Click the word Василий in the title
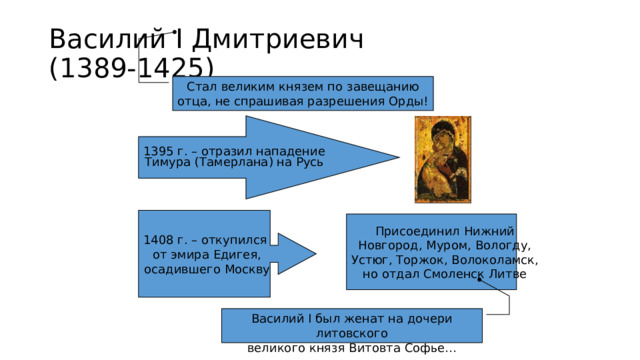click(95, 40)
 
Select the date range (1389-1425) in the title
click(130, 68)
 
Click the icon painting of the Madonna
click(443, 158)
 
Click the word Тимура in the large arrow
click(167, 162)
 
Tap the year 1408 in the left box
click(160, 240)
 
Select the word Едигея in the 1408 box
click(238, 255)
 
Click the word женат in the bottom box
click(373, 318)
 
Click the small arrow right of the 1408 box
click(292, 254)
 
